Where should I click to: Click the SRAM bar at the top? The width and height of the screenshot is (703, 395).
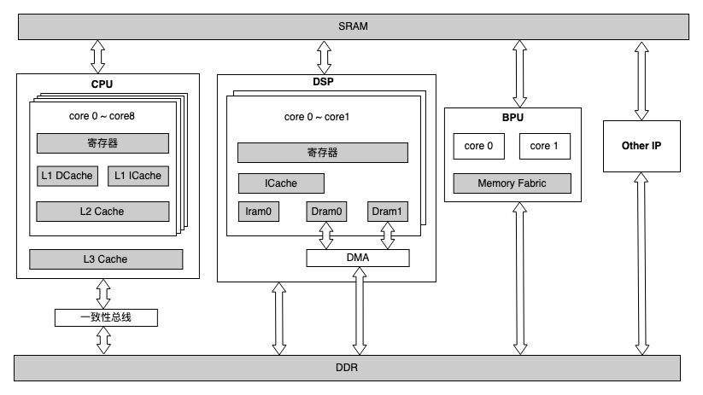(353, 26)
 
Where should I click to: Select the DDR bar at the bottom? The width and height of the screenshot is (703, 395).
(347, 368)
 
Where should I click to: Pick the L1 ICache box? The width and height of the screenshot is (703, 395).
(138, 176)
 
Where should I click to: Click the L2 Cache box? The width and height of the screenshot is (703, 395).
(103, 211)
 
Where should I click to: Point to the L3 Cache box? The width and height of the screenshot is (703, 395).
(106, 258)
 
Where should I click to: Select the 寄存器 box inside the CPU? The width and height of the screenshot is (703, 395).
(103, 142)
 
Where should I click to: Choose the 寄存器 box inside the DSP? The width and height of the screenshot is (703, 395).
(322, 153)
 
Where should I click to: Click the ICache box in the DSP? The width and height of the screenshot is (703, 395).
(280, 183)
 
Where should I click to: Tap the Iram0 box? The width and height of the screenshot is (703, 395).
(258, 212)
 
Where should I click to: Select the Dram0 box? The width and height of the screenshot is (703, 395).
(325, 212)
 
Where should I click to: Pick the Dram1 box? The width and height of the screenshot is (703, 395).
(387, 212)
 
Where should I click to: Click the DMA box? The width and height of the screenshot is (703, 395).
(357, 257)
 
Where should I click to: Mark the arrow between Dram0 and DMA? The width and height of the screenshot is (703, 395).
(325, 235)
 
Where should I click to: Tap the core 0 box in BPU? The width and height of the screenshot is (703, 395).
(478, 146)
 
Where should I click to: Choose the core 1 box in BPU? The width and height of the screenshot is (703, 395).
(544, 146)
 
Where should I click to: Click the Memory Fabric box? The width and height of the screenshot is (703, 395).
(512, 183)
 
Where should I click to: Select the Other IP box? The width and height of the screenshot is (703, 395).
(641, 146)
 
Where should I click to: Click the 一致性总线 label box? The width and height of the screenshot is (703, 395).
(107, 317)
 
